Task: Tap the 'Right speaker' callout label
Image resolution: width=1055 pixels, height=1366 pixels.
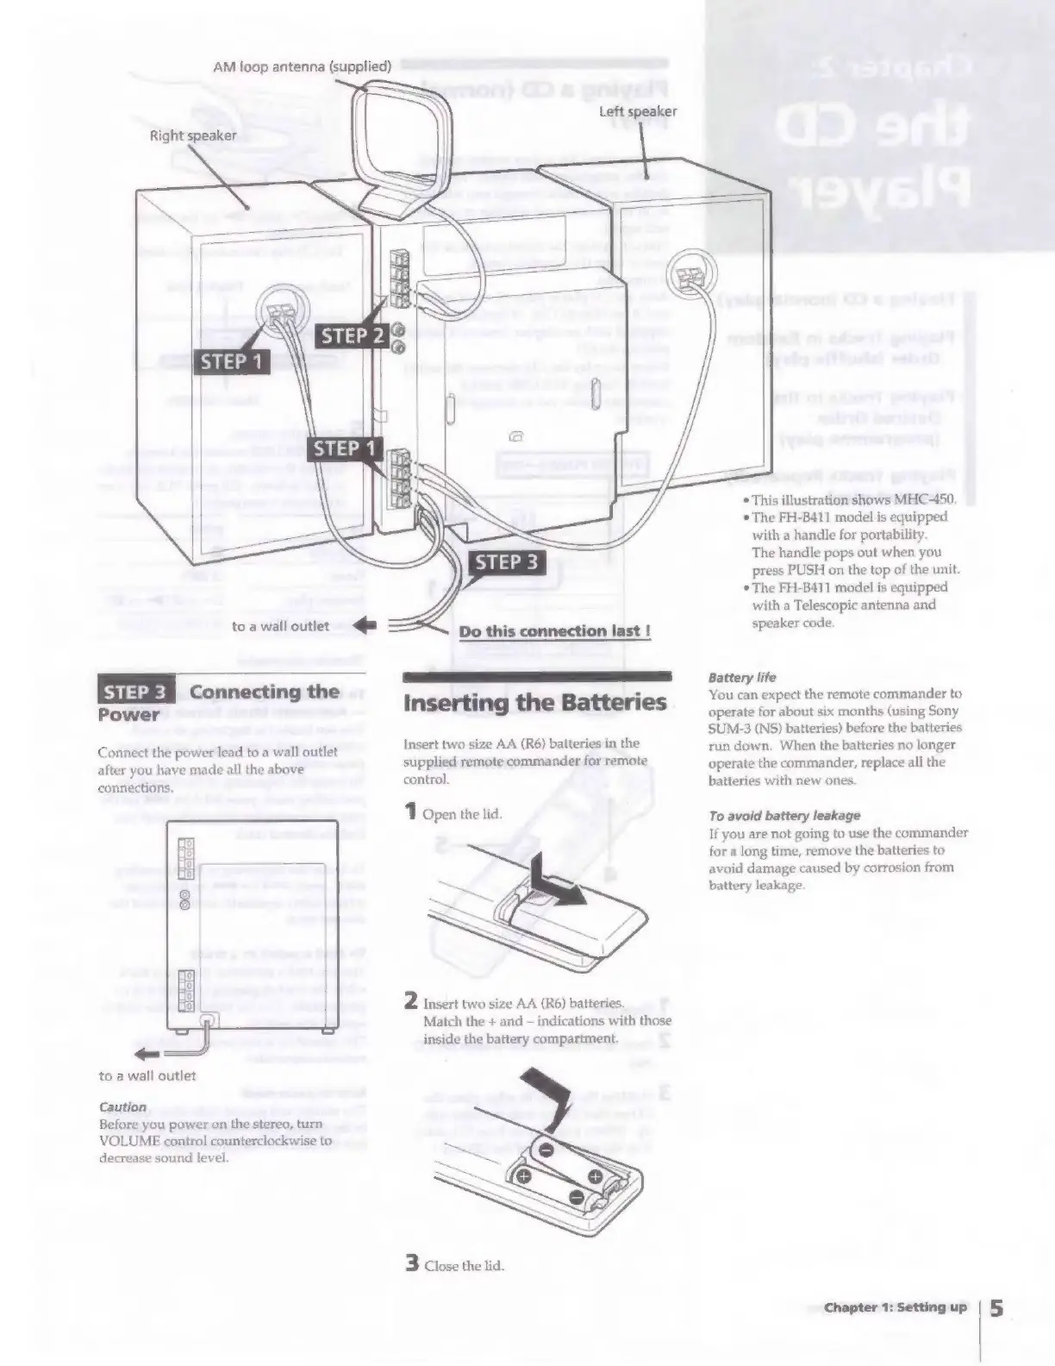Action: pos(193,135)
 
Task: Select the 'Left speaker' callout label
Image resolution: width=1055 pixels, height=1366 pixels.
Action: pos(638,111)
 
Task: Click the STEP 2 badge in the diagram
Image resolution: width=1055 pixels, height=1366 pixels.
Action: pos(353,335)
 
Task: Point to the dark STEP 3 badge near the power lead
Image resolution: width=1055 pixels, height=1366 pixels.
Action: pos(507,562)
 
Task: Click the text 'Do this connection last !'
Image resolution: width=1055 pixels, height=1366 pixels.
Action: pos(554,631)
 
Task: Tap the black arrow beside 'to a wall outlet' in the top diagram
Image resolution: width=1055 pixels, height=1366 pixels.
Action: pos(364,626)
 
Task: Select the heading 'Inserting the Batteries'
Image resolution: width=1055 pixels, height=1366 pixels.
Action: pos(535,702)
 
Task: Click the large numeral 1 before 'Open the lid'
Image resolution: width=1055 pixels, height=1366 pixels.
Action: pos(411,811)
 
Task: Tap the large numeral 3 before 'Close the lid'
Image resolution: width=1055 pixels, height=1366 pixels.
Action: pos(413,1263)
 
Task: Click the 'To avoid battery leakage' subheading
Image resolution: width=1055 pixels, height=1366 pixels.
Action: pos(784,815)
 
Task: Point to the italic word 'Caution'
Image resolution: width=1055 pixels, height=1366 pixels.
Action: pos(123,1106)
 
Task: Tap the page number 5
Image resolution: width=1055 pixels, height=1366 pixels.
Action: pos(996,1307)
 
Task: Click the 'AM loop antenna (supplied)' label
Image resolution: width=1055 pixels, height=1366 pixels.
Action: pos(302,66)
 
